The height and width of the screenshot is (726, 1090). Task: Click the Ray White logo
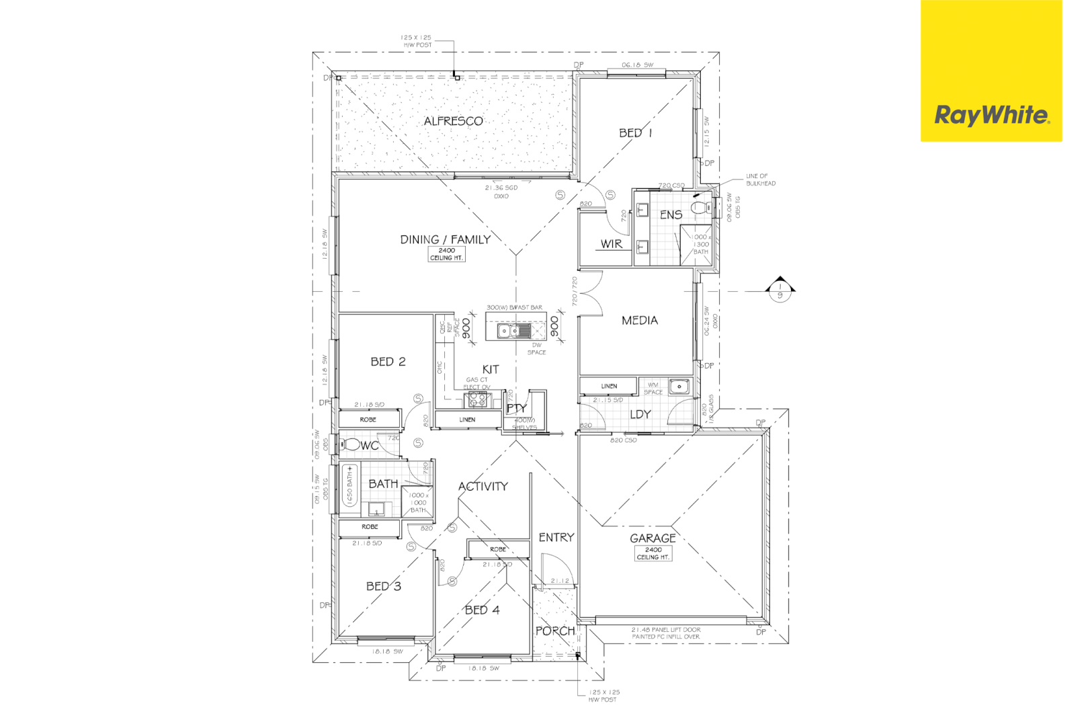pyautogui.click(x=991, y=116)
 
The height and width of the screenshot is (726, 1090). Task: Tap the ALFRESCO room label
pyautogui.click(x=453, y=121)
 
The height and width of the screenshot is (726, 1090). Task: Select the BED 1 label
pyautogui.click(x=635, y=133)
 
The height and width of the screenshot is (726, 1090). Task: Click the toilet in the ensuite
pyautogui.click(x=701, y=207)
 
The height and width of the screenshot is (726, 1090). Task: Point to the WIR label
pyautogui.click(x=611, y=244)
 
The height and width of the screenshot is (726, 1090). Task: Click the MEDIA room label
pyautogui.click(x=639, y=321)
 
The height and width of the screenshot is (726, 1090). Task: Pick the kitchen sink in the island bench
pyautogui.click(x=514, y=331)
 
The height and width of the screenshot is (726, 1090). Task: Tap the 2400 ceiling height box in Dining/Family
pyautogui.click(x=446, y=254)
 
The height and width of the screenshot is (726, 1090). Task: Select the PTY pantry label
pyautogui.click(x=515, y=408)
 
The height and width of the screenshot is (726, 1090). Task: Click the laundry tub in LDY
pyautogui.click(x=679, y=387)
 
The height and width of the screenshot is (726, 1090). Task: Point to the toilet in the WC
pyautogui.click(x=351, y=444)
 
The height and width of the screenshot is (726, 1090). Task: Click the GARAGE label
pyautogui.click(x=653, y=538)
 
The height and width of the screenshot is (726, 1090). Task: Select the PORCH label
pyautogui.click(x=555, y=631)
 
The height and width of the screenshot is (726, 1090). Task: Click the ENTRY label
pyautogui.click(x=556, y=537)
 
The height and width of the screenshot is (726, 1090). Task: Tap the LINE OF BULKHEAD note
pyautogui.click(x=760, y=179)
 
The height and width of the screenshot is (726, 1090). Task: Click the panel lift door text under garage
pyautogui.click(x=665, y=633)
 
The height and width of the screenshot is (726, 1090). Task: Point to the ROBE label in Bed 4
pyautogui.click(x=497, y=549)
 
